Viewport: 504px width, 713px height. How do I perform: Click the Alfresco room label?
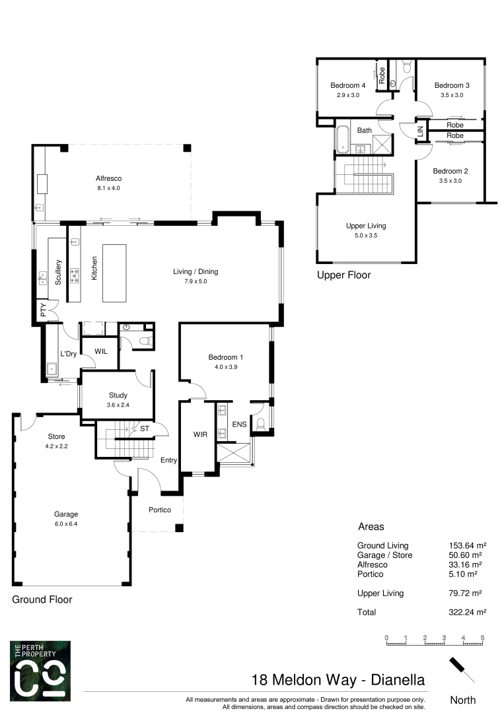click(109, 178)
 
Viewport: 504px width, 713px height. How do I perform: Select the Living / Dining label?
click(195, 271)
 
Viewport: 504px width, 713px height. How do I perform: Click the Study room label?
click(118, 395)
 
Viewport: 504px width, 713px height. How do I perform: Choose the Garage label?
click(66, 514)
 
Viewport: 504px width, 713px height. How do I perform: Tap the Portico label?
click(160, 510)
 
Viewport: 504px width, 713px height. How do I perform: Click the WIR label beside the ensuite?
click(201, 434)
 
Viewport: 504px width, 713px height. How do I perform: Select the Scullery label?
click(59, 271)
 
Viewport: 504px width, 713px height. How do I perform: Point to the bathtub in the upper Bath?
click(342, 139)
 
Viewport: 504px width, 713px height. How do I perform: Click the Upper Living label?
click(366, 226)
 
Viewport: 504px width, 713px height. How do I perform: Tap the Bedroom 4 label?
click(348, 85)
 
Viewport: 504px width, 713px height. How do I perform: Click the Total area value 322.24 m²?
click(467, 612)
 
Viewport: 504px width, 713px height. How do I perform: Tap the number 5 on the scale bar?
click(483, 637)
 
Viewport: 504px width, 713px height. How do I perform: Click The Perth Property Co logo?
click(40, 670)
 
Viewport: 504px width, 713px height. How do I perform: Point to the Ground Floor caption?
click(42, 599)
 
